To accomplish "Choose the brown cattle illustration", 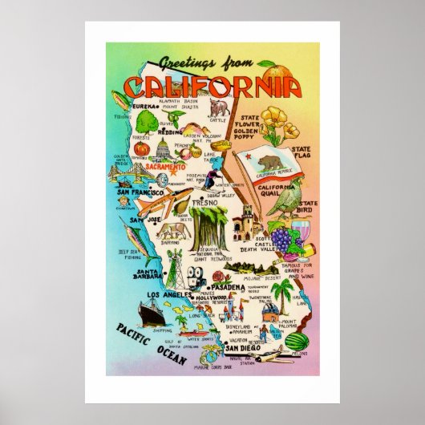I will pos(217,109).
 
